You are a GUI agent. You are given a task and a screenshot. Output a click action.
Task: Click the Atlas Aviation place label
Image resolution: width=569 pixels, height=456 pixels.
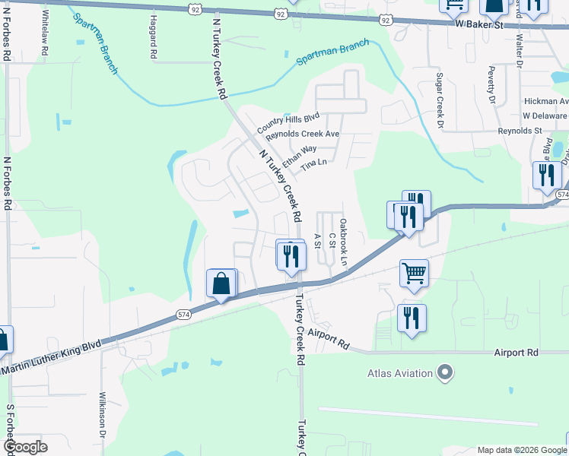click(x=400, y=373)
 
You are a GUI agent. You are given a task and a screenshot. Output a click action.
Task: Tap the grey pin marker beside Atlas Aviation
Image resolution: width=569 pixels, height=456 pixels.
click(x=445, y=373)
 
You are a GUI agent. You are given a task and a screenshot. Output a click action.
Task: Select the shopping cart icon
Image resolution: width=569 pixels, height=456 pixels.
click(x=414, y=272)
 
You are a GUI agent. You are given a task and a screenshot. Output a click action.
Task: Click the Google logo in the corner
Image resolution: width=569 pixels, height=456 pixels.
click(x=26, y=447)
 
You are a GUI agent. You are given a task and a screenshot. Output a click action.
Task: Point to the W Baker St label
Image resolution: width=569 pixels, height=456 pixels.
click(x=480, y=25)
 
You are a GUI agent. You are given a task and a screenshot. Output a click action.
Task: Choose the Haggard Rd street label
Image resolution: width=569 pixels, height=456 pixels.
click(x=154, y=37)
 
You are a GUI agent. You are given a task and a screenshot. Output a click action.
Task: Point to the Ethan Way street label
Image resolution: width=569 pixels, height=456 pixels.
click(x=299, y=155)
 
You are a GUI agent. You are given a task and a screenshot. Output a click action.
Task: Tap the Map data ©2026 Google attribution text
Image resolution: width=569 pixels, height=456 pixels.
click(x=522, y=450)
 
